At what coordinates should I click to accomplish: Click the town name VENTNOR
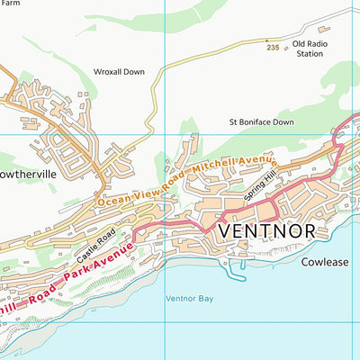(x=266, y=231)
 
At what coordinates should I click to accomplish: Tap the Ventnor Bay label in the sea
(x=190, y=298)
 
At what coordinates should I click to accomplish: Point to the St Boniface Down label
(x=261, y=121)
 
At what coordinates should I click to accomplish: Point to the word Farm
(x=11, y=4)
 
